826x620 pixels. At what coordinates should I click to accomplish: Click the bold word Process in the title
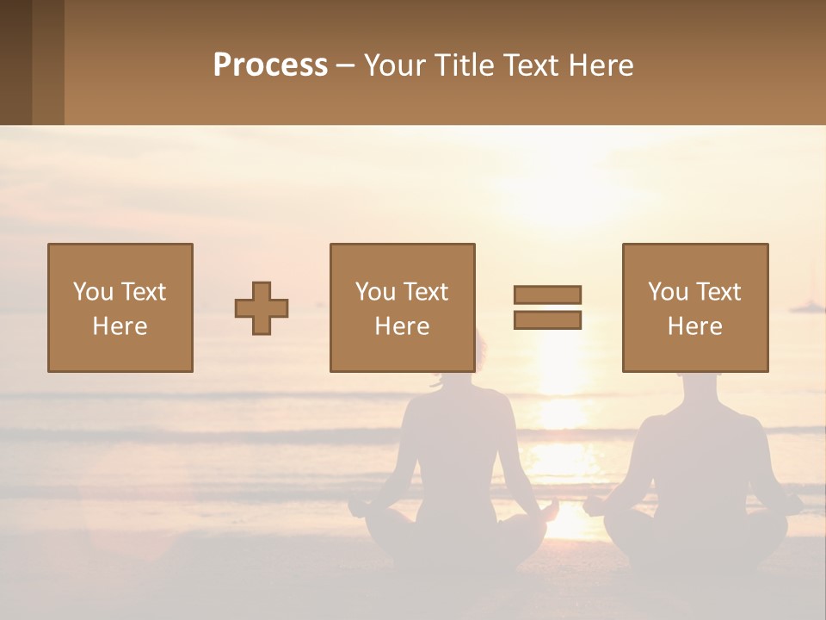tap(270, 65)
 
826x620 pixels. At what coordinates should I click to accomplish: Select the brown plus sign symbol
tap(262, 308)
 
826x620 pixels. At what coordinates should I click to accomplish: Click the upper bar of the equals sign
tap(547, 294)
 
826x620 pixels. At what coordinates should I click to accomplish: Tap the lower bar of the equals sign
tap(547, 320)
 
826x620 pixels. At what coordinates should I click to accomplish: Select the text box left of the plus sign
tap(120, 307)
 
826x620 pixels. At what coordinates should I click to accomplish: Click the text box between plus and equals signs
tap(402, 307)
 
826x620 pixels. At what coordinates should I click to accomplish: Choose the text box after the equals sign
tap(695, 307)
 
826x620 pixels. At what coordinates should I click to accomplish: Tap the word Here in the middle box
tap(402, 326)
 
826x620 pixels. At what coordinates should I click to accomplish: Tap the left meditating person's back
tap(456, 439)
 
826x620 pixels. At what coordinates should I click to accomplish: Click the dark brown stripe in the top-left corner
tap(15, 62)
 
